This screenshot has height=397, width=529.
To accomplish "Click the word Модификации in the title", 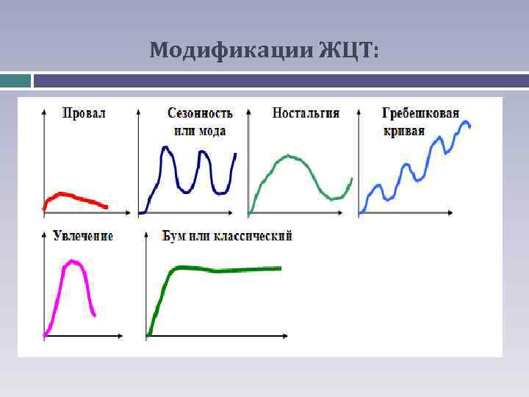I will coord(231,51).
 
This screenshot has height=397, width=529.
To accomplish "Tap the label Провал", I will coord(84,113).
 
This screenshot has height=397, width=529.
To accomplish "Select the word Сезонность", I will coord(200,113).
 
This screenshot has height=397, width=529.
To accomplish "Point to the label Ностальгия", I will coord(306,113).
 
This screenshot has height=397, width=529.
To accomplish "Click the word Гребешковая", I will coord(420,113).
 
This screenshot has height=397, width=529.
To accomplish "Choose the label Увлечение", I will coord(83,236).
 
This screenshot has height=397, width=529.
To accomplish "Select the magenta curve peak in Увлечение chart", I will coord(72,261).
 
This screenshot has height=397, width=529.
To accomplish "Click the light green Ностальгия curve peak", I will coord(290,157).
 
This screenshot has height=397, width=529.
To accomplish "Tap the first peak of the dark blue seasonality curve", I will coord(167,149).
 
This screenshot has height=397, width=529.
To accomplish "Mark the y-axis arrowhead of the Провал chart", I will coord(45,111).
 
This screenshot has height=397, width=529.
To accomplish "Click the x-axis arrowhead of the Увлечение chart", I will coord(120,336).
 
